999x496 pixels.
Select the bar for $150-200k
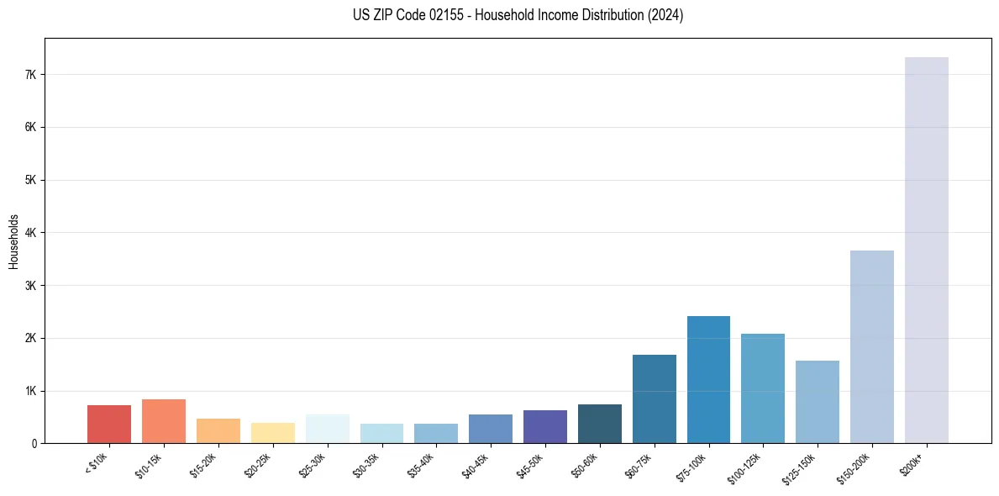tap(871, 346)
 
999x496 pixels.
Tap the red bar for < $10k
tap(109, 425)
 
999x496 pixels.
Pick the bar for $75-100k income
tap(708, 379)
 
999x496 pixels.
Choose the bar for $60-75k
tap(654, 398)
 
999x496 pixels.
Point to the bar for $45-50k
tap(544, 426)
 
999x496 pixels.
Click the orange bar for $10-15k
tap(164, 421)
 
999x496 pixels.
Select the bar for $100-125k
tap(763, 388)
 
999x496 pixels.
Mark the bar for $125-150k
tap(817, 402)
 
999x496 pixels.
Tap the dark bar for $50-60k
tap(599, 424)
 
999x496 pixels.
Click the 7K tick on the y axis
tap(31, 75)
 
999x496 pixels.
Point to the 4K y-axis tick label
tap(31, 233)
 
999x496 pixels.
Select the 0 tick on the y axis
tap(34, 444)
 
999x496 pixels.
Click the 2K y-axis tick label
tap(31, 338)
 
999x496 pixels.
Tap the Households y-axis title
tap(14, 240)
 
